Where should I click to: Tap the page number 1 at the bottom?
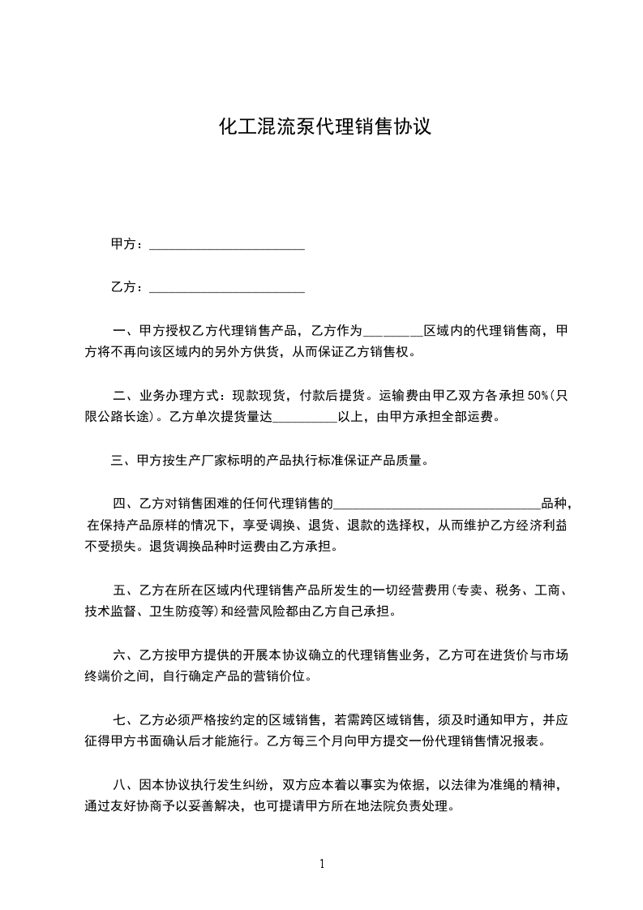(x=322, y=863)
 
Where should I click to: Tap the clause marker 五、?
(x=126, y=589)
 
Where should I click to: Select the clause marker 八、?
(x=126, y=786)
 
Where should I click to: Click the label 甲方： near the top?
(x=127, y=244)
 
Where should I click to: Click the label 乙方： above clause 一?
(x=127, y=286)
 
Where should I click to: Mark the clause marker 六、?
(x=126, y=654)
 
